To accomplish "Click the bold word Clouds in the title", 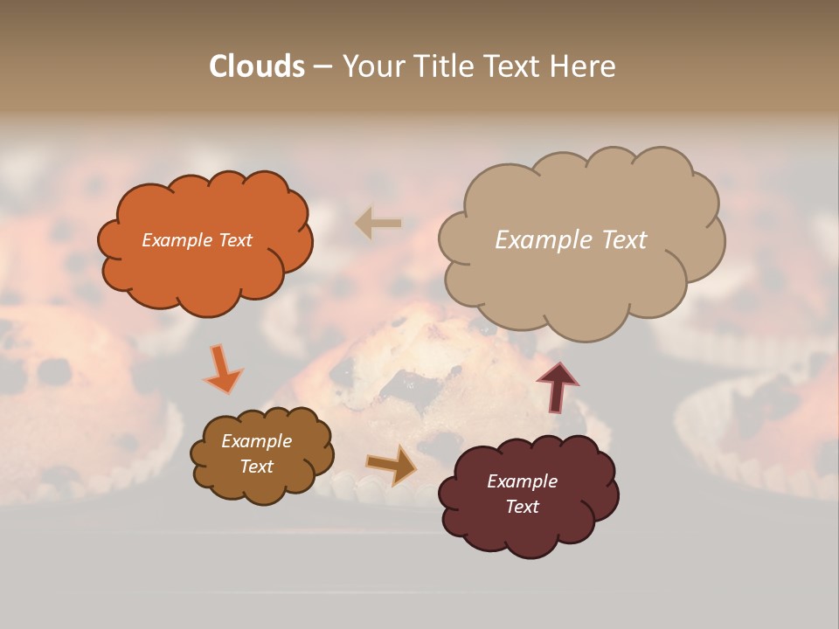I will click(x=257, y=66).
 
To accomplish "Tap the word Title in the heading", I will click(x=446, y=66).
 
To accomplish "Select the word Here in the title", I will click(x=583, y=66).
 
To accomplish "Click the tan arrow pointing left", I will click(x=378, y=224).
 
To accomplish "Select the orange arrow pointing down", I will click(x=222, y=370).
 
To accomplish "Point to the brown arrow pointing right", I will click(x=391, y=465).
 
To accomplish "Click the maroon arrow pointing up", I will click(x=558, y=385).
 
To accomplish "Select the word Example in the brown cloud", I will click(x=256, y=441).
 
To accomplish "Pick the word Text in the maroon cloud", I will click(x=523, y=508).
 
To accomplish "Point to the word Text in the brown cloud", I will click(x=256, y=467).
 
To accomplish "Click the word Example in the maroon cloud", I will click(x=522, y=481).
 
